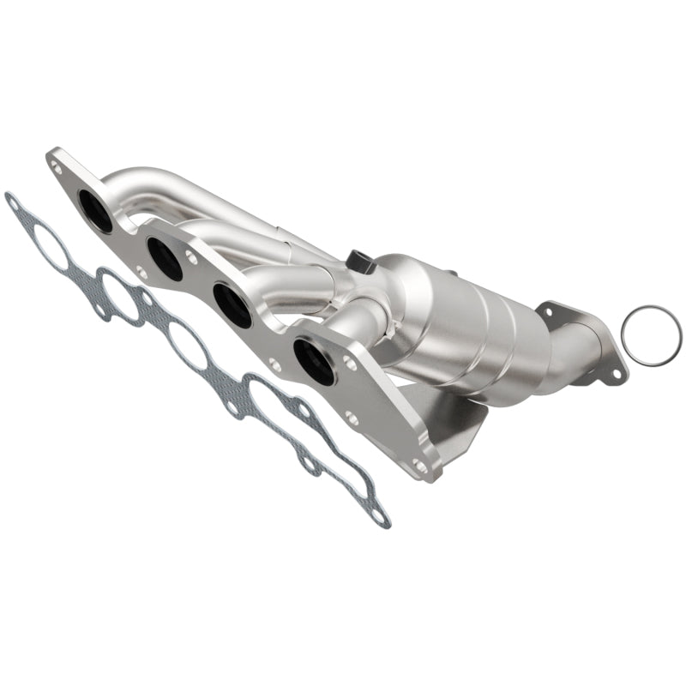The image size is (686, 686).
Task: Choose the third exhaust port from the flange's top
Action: (231, 304)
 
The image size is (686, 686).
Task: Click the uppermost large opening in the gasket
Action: (47, 248)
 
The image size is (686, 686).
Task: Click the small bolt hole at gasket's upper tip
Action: (12, 202)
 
